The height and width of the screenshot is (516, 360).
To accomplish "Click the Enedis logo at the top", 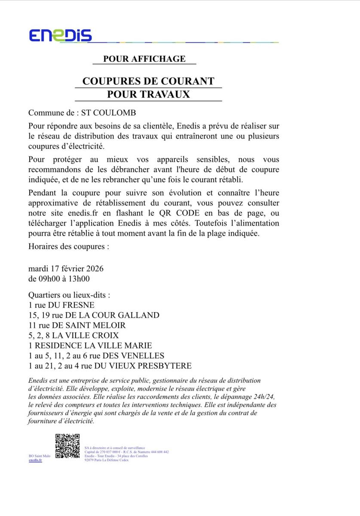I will (x=61, y=35).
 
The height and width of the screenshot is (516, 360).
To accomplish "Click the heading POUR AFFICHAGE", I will (x=144, y=59).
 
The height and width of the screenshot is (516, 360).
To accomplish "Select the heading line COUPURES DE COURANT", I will (x=148, y=81).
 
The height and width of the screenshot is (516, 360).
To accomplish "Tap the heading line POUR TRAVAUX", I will (x=148, y=94).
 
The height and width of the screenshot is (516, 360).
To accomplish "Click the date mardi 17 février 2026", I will (x=66, y=269).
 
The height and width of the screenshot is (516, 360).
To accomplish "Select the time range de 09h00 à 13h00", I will (x=59, y=279).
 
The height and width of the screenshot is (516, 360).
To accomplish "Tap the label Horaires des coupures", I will (x=68, y=247).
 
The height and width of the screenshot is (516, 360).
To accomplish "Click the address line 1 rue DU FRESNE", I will (x=61, y=305).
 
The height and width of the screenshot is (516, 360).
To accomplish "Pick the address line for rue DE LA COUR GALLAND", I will (x=94, y=315).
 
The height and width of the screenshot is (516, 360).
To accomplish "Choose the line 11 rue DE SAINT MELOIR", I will (x=77, y=326).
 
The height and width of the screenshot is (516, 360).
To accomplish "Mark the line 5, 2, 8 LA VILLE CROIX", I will (x=73, y=335).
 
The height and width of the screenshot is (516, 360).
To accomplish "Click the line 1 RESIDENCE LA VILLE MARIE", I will (x=90, y=346).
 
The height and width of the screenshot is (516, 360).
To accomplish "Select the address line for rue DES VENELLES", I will (x=96, y=356).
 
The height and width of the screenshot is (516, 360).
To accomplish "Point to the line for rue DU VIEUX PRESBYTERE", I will (x=110, y=366).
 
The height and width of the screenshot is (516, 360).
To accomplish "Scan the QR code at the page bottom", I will (x=67, y=446).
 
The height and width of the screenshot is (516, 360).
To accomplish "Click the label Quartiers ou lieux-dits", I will (x=69, y=295).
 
